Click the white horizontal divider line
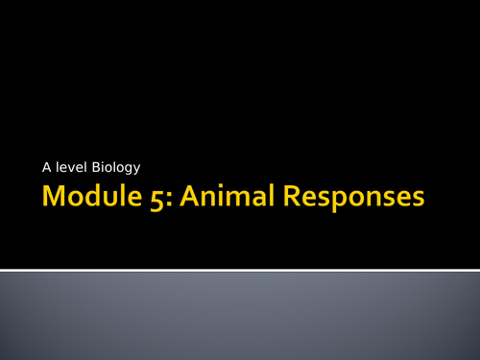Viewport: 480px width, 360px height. (240, 269)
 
